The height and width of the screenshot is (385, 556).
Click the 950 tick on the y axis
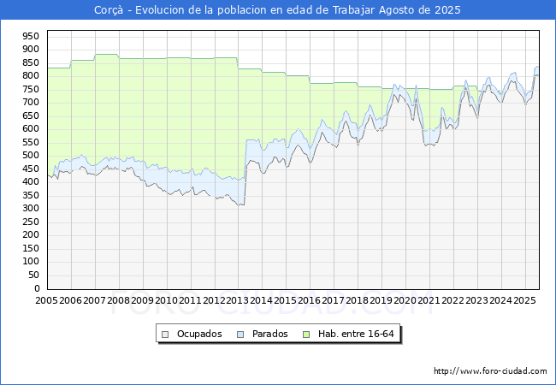(x=31, y=36)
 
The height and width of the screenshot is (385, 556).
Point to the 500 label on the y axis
(x=31, y=155)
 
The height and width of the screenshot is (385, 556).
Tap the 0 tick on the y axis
(x=37, y=288)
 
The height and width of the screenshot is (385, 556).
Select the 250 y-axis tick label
(x=31, y=222)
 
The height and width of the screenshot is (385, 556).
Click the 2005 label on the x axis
(x=46, y=300)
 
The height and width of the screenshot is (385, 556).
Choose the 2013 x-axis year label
(x=238, y=300)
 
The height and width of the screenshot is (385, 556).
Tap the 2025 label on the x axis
(x=524, y=300)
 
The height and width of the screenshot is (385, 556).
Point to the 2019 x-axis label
(x=382, y=300)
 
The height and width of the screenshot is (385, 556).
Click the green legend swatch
(x=306, y=335)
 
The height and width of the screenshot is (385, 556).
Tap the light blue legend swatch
(x=240, y=335)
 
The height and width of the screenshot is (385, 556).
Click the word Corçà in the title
(x=109, y=10)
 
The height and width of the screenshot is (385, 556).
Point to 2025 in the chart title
(x=447, y=10)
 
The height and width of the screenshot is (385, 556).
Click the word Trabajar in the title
(x=353, y=10)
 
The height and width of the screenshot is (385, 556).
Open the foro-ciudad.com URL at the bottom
(x=490, y=371)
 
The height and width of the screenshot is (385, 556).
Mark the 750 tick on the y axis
(x=31, y=89)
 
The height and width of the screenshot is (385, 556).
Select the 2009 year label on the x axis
(x=142, y=300)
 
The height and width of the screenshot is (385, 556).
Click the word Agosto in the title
(x=397, y=10)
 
